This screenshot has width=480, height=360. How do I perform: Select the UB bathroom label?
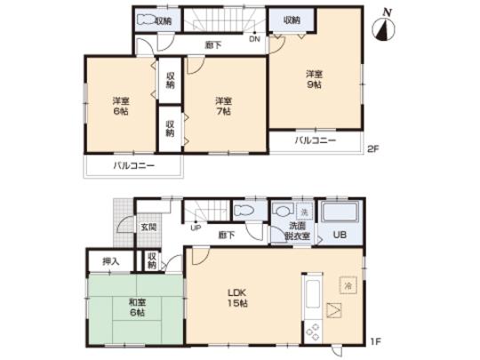[x=338, y=236]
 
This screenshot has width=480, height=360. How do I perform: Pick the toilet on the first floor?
[x=244, y=212]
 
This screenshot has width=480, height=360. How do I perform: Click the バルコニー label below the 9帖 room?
[x=316, y=141]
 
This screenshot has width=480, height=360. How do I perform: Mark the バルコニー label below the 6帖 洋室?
[x=133, y=166]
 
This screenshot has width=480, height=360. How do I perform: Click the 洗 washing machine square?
[x=304, y=213]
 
